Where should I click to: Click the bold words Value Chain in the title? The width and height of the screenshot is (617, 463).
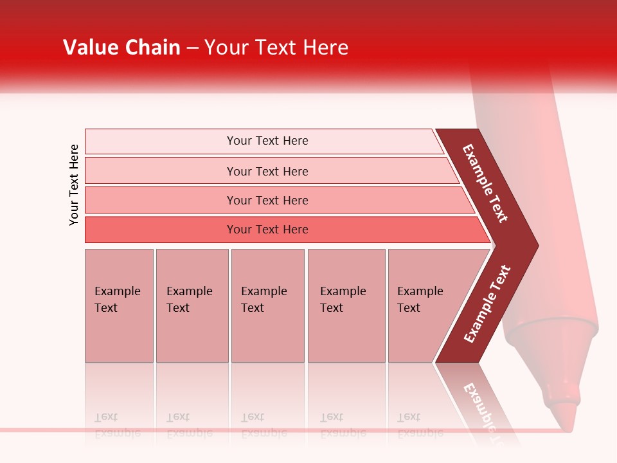click(121, 48)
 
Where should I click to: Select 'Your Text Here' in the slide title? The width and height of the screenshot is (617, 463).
click(276, 48)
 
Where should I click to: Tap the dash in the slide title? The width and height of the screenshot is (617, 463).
click(192, 48)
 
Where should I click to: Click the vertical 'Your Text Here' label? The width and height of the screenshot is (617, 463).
click(74, 185)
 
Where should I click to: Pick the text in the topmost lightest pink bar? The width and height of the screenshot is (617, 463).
click(267, 141)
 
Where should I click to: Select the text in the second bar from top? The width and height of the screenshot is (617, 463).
click(267, 171)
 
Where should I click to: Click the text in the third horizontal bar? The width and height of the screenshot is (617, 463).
click(267, 201)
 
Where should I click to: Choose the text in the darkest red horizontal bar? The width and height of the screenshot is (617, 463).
click(267, 230)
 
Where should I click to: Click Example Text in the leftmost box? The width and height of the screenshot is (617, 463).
click(117, 300)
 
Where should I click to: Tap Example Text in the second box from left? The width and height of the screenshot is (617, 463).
click(189, 300)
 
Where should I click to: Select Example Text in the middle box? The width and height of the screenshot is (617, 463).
click(264, 300)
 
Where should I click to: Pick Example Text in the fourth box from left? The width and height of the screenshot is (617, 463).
click(343, 300)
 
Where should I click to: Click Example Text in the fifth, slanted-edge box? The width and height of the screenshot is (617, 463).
click(420, 300)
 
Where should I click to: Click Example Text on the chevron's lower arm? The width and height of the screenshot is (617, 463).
click(487, 304)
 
